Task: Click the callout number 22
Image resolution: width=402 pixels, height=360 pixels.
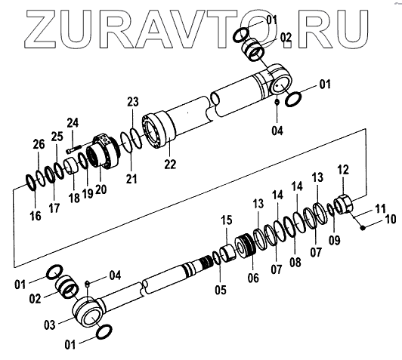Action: point(170,164)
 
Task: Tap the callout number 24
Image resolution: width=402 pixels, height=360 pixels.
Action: point(73,123)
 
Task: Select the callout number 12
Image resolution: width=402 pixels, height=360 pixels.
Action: point(343,170)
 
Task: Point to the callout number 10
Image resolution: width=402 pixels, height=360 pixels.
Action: point(391,220)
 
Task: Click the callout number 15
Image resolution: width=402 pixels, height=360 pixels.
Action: point(227,220)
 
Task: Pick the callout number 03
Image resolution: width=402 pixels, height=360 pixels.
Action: point(49,325)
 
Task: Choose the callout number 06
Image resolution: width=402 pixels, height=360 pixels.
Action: point(253,278)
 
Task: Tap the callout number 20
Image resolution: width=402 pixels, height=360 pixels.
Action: point(100,189)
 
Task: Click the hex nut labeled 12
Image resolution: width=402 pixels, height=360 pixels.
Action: point(344,205)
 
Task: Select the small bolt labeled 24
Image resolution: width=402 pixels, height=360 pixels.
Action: point(73,149)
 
